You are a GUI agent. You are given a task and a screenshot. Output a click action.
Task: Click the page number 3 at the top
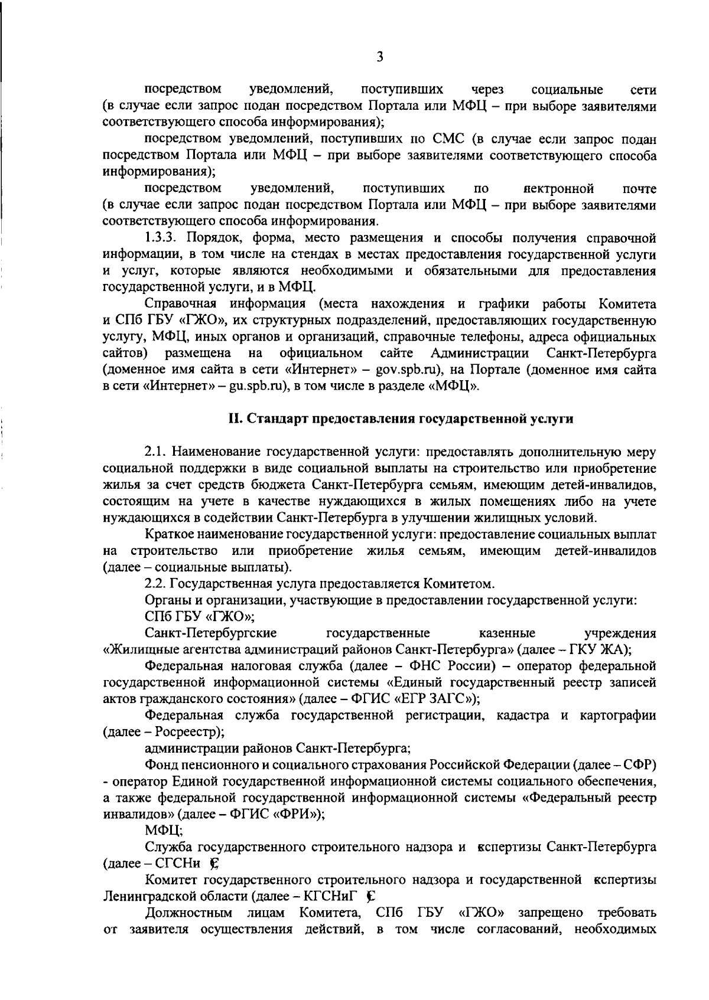(x=380, y=57)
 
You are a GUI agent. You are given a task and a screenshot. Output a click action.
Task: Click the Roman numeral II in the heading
(x=235, y=419)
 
